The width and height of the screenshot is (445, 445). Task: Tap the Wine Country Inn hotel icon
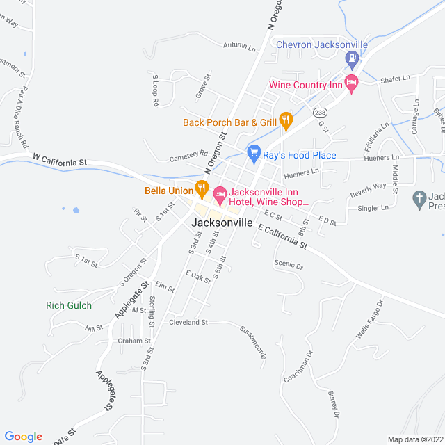[352, 85]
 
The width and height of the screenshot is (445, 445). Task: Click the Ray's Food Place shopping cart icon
[254, 152]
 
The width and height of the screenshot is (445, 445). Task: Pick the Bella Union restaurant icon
[202, 187]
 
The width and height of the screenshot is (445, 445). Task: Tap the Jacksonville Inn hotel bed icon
[220, 195]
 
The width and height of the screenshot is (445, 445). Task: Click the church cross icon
[419, 200]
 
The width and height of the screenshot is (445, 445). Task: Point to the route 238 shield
[320, 113]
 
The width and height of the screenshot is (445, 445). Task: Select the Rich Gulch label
[69, 305]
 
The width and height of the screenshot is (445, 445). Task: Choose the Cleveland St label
[188, 323]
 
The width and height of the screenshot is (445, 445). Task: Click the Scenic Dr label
[289, 266]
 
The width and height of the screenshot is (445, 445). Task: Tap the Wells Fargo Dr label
[369, 320]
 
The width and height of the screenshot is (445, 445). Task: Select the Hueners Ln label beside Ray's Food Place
[302, 170]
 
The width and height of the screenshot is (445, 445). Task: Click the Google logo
[23, 436]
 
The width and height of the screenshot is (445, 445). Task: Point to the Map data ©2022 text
[414, 439]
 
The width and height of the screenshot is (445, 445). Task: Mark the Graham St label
[134, 341]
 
